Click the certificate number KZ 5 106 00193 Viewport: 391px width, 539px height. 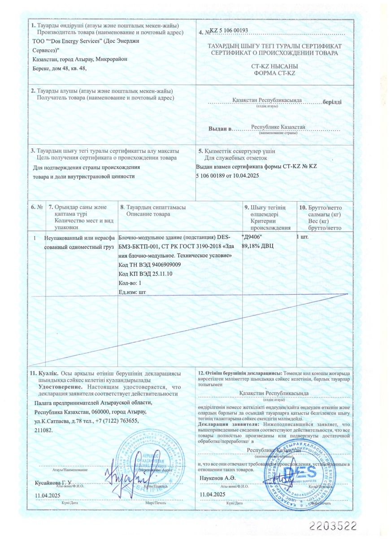[x=229, y=31]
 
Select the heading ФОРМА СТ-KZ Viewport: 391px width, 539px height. [x=274, y=73]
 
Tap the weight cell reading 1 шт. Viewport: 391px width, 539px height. [x=303, y=237]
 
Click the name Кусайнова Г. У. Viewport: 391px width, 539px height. [x=53, y=482]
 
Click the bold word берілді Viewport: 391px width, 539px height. [x=332, y=102]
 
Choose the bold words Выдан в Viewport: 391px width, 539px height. [x=219, y=129]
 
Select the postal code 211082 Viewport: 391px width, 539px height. [x=43, y=430]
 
